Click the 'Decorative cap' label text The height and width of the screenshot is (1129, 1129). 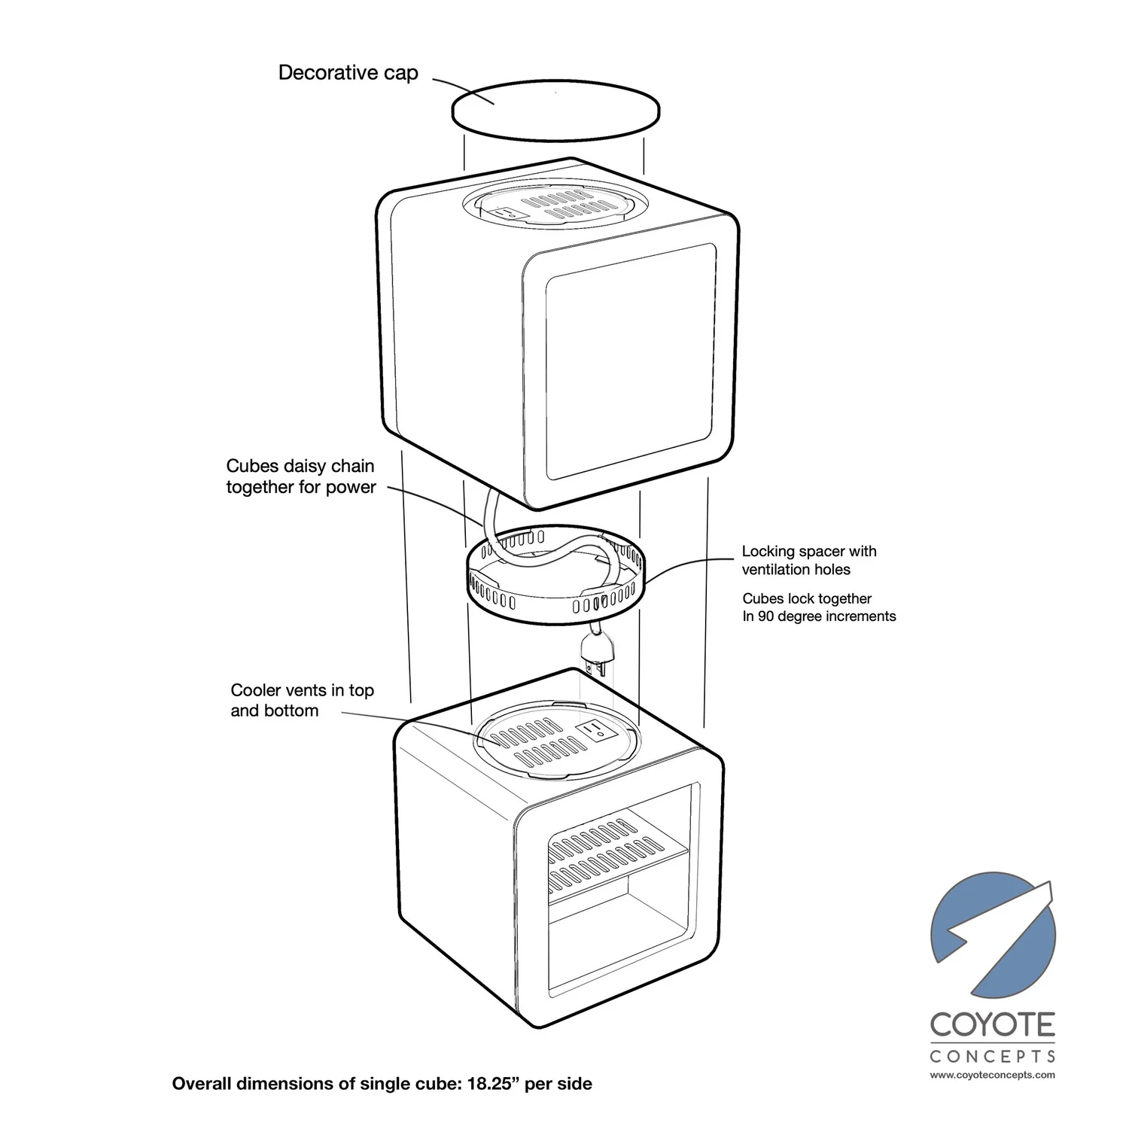point(348,73)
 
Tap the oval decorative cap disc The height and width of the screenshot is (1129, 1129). point(555,112)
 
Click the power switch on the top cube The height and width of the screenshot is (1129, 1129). point(509,213)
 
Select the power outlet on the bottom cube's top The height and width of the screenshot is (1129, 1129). point(595,729)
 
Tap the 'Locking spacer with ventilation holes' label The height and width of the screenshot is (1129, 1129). point(808,560)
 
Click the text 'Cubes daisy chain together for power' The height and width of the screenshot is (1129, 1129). point(300,476)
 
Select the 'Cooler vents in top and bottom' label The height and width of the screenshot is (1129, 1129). point(302,700)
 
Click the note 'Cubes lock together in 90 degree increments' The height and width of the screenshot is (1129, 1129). point(818,607)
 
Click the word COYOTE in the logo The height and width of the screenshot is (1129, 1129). point(992,1025)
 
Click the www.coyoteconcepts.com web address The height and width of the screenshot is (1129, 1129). point(992,1075)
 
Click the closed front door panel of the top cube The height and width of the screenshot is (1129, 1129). point(629,361)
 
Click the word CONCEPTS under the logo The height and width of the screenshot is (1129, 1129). point(992,1056)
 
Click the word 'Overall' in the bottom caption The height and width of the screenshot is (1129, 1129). point(202,1084)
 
